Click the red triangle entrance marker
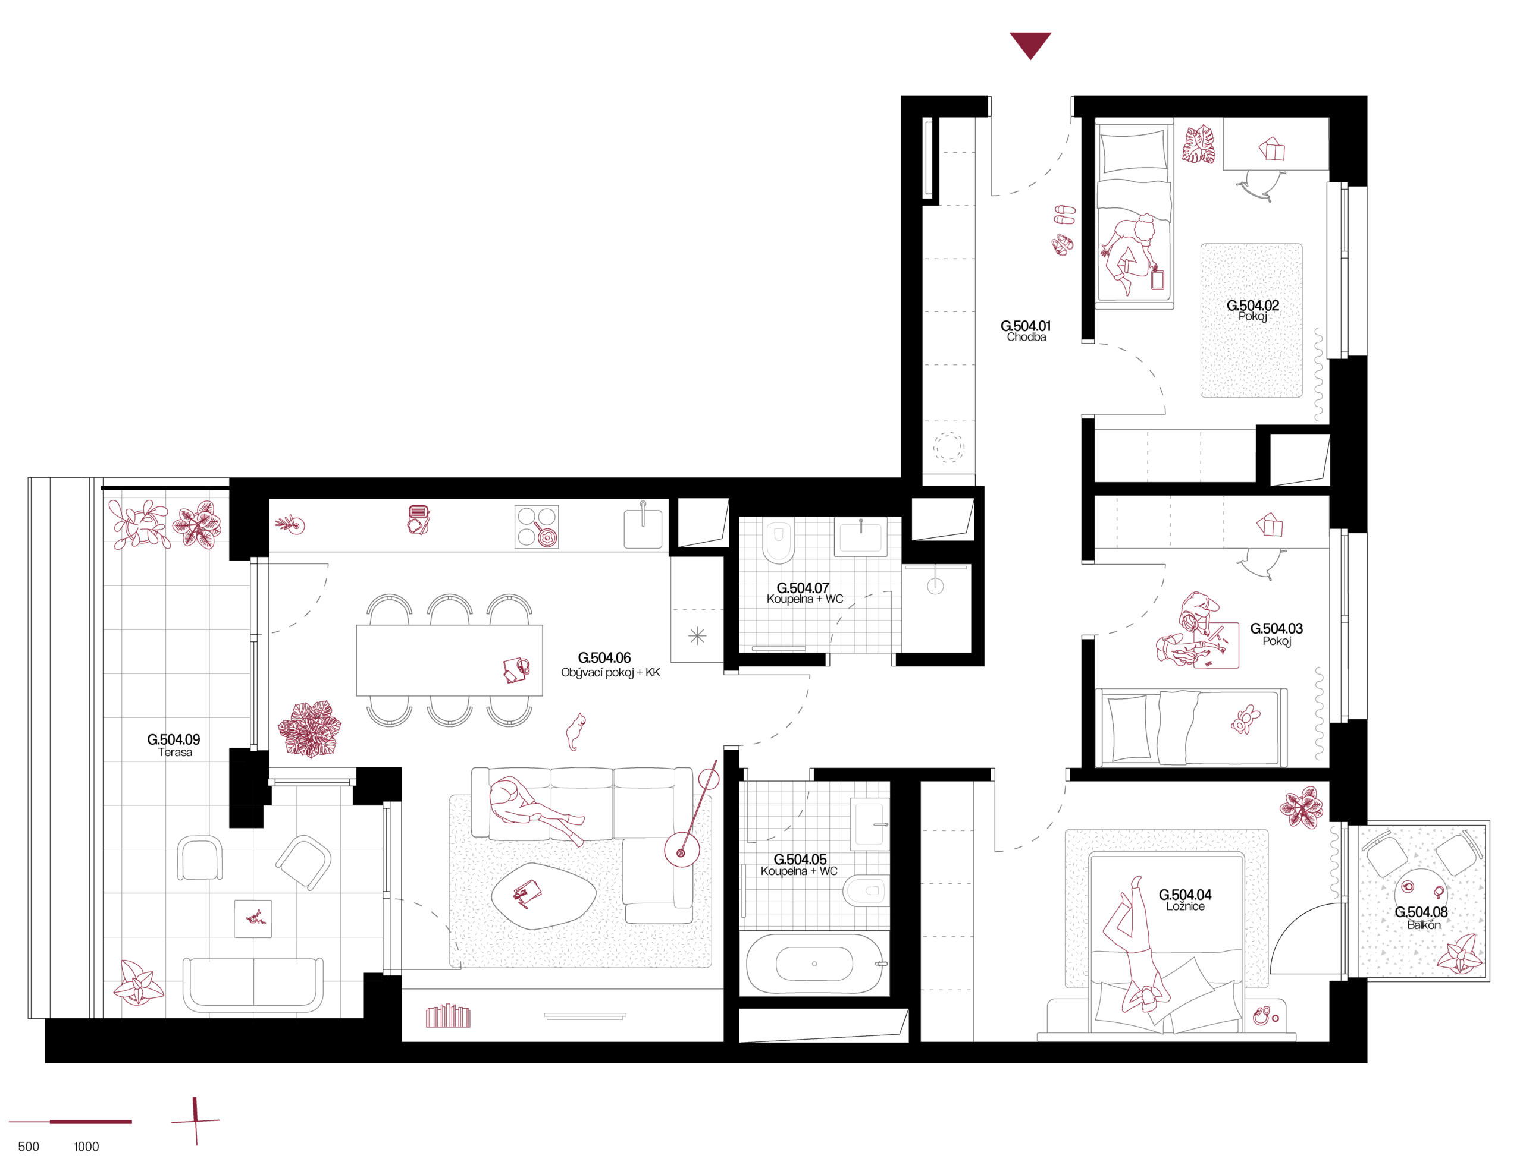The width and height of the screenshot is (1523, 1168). (x=1030, y=44)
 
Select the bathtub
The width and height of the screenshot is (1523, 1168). (x=814, y=964)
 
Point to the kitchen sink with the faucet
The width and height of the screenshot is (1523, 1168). (x=643, y=528)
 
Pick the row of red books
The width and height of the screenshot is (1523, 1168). (x=448, y=1016)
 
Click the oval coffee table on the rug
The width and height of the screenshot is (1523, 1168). (x=543, y=896)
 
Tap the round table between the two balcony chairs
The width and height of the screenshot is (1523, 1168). (x=1421, y=894)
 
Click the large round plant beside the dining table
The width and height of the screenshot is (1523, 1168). (x=309, y=729)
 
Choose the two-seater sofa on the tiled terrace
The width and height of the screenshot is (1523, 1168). (x=253, y=984)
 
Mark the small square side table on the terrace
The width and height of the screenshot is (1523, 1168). (x=253, y=918)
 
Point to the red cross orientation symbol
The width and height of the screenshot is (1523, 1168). (x=196, y=1120)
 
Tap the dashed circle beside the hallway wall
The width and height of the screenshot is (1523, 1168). (x=948, y=447)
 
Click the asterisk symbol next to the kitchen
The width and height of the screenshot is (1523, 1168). (x=697, y=635)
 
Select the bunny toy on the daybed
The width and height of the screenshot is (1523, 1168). (x=1245, y=720)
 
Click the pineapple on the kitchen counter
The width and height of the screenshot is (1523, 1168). (x=290, y=524)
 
